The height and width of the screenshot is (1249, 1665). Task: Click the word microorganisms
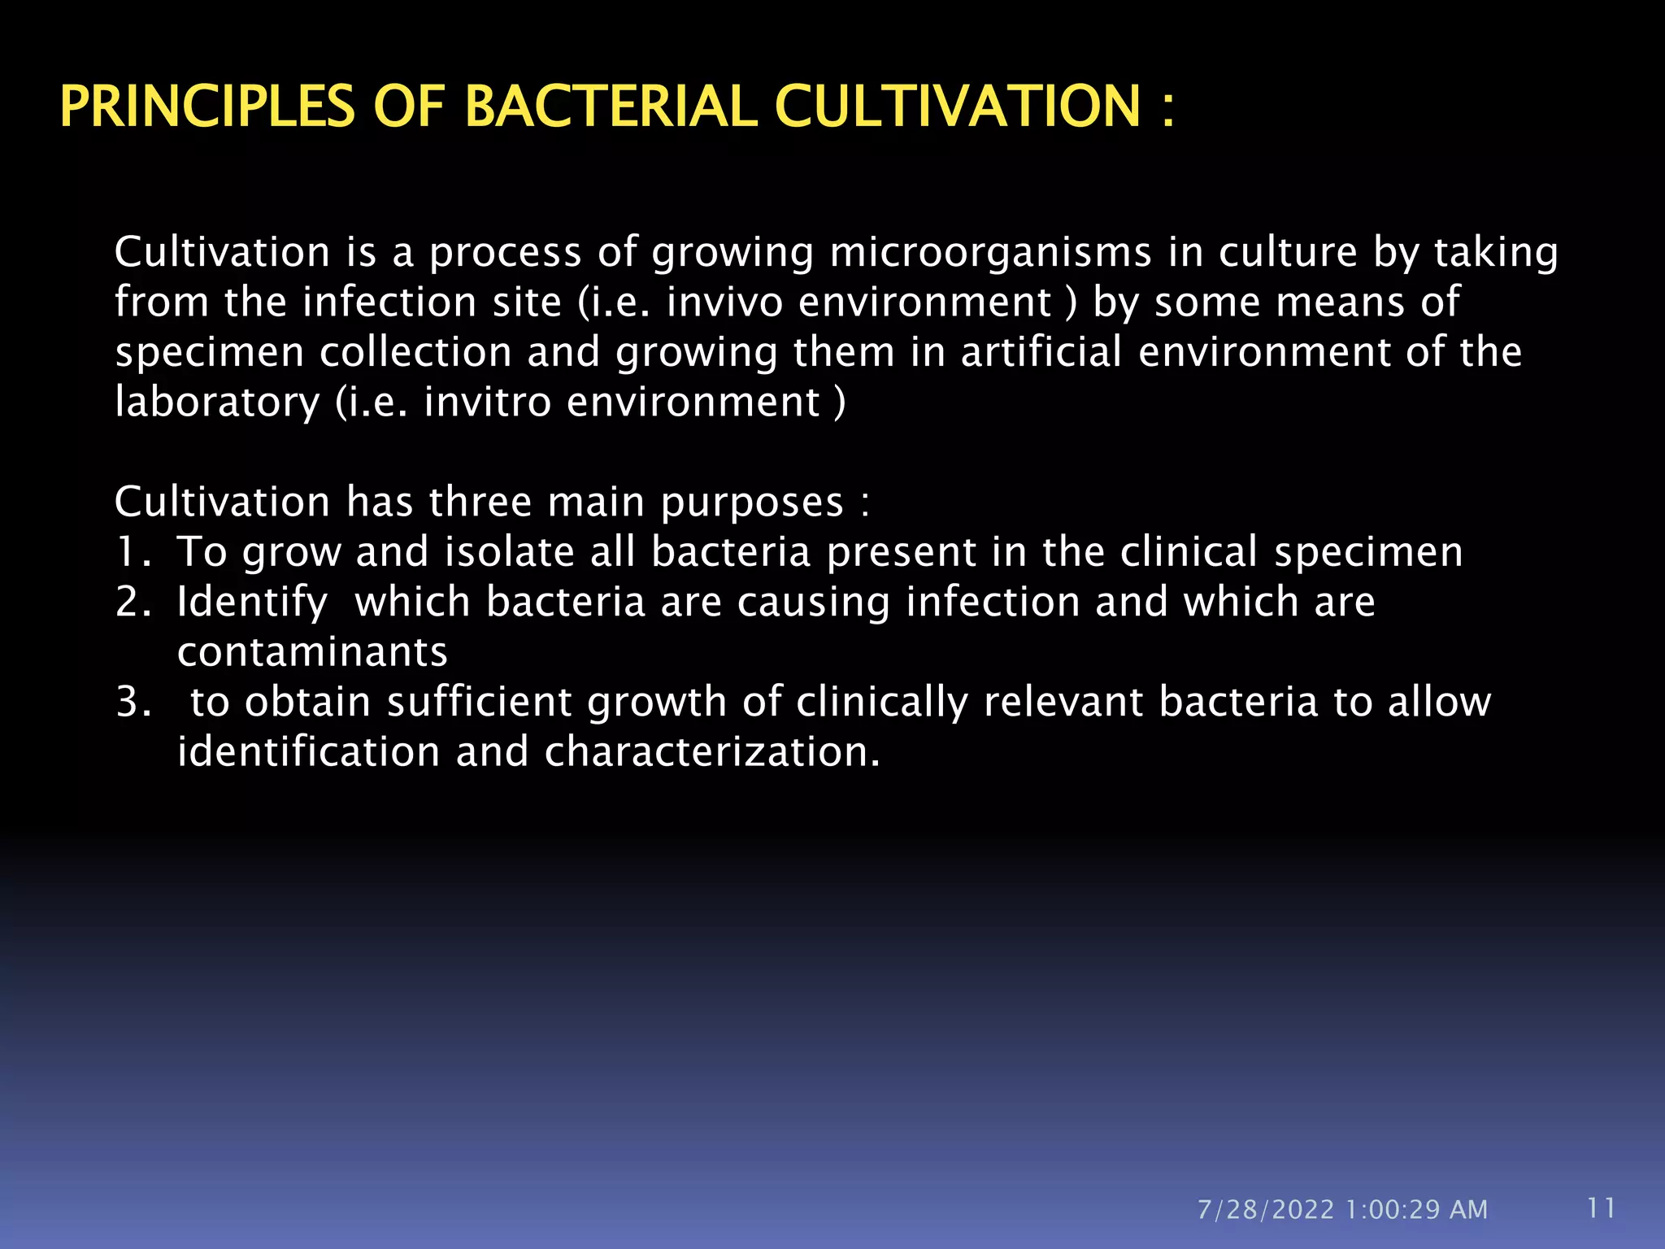pos(990,252)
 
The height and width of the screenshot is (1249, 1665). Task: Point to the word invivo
pos(724,302)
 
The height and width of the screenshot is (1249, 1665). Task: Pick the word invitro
pos(487,403)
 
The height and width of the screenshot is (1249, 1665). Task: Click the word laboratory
pos(217,403)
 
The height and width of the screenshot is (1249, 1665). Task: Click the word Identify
pos(252,603)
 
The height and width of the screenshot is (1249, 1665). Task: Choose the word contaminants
pos(312,652)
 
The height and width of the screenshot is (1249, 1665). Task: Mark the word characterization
pos(711,752)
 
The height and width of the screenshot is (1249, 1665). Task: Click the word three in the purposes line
pos(480,502)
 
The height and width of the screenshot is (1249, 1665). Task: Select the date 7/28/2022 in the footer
pos(1265,1210)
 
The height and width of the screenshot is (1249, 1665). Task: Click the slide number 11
pos(1601,1208)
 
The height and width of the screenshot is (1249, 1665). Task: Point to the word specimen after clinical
pos(1368,553)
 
